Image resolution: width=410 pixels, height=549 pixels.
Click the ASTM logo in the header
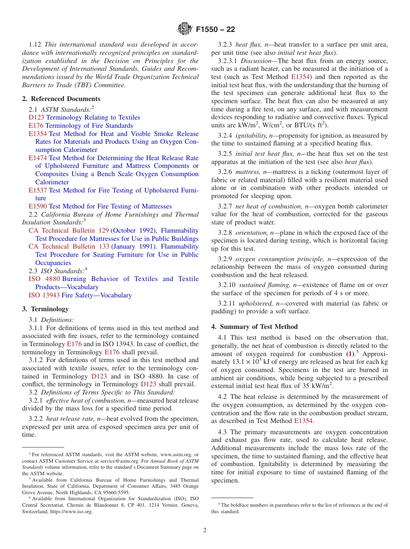point(184,29)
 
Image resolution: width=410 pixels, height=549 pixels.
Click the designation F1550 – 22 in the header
point(215,30)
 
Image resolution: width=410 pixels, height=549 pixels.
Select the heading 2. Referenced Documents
point(55,99)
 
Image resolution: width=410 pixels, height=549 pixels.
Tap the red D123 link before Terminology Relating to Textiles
point(37,117)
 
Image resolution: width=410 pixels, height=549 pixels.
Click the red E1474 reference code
point(38,158)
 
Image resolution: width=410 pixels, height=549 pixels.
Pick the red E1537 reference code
point(38,190)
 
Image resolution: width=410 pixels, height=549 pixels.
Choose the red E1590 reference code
point(38,206)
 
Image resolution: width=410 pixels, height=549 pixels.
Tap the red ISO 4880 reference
point(44,279)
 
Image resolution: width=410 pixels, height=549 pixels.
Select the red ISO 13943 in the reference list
point(44,295)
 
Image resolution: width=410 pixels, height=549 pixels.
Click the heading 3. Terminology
point(45,309)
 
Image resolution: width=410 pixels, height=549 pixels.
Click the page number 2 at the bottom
point(205,530)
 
